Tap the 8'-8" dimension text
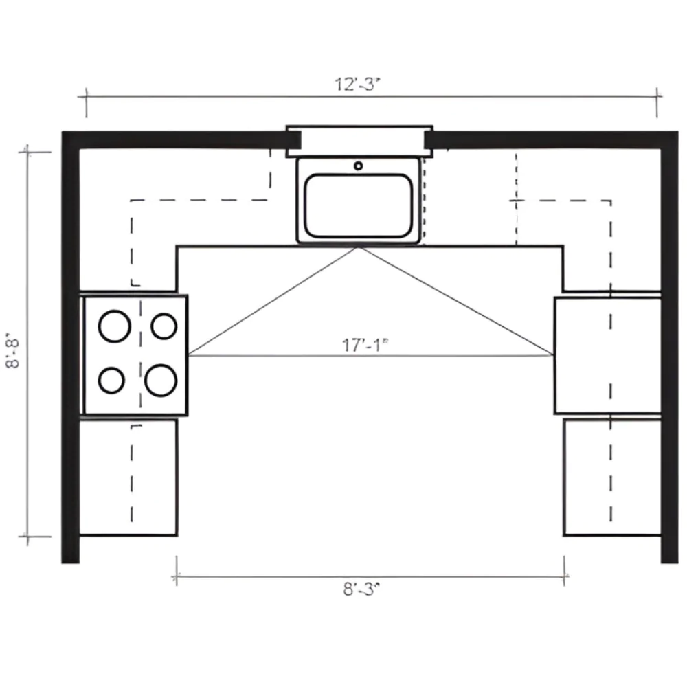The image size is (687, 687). [x=13, y=352]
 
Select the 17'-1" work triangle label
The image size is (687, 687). [x=365, y=346]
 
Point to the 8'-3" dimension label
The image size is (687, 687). [x=361, y=589]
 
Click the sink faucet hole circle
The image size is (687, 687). [x=359, y=166]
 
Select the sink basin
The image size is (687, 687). [x=359, y=205]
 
